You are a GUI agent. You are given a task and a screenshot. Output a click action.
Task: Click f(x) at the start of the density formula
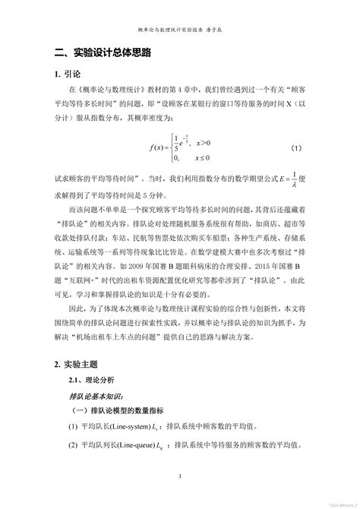click(x=158, y=148)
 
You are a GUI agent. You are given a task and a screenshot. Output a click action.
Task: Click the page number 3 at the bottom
click(x=180, y=476)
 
